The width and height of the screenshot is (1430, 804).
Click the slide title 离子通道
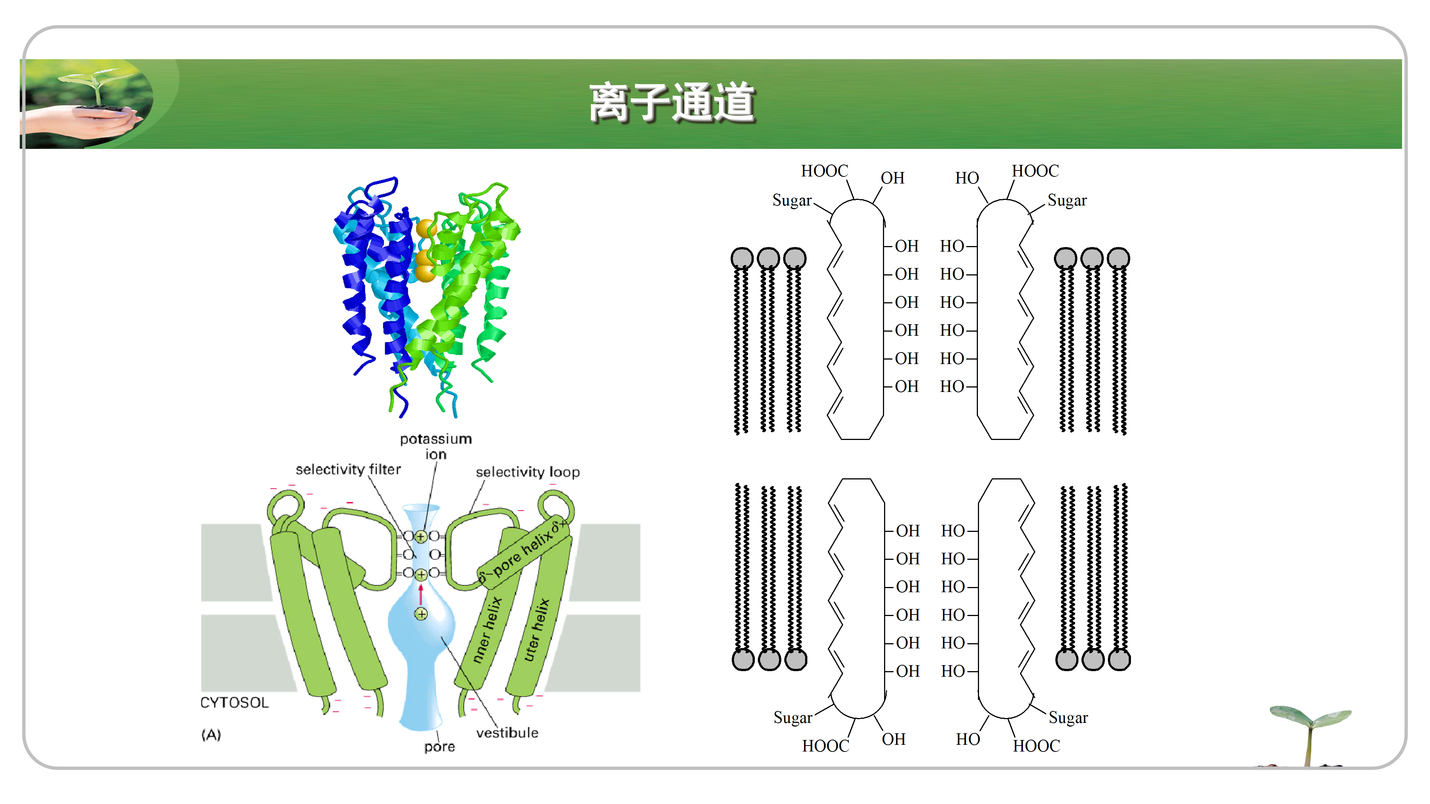pos(672,103)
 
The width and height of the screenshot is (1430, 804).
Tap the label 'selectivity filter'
pos(348,469)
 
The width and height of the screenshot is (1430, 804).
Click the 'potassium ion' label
pos(436,446)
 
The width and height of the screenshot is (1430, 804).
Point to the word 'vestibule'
pos(507,733)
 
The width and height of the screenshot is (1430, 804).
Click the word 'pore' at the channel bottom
pos(439,747)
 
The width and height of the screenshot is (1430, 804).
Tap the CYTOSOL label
pos(234,703)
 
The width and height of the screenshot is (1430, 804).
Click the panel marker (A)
pos(211,735)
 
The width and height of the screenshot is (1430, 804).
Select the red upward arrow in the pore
pos(421,594)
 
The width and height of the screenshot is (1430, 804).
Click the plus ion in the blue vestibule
pos(421,614)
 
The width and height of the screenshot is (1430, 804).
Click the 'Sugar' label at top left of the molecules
pos(792,200)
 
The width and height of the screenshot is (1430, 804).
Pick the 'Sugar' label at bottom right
pos(1068,718)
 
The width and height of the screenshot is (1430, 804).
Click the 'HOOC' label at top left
pos(824,171)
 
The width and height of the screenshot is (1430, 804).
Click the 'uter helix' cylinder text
pos(536,630)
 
